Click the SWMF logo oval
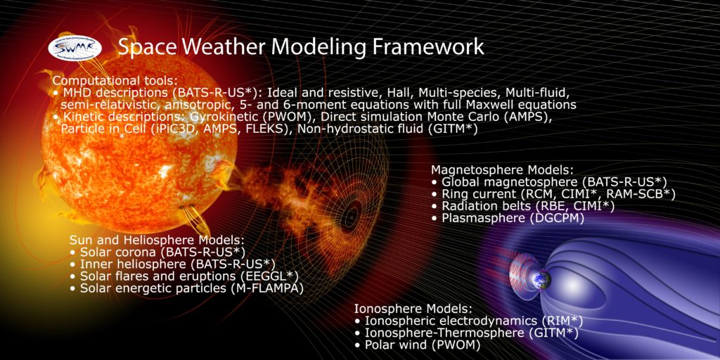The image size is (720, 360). [x=75, y=48]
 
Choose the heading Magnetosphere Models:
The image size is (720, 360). [x=502, y=170]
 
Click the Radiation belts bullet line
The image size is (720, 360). [x=523, y=206]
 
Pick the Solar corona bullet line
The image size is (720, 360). [x=157, y=252]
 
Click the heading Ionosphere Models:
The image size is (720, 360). [x=413, y=309]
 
